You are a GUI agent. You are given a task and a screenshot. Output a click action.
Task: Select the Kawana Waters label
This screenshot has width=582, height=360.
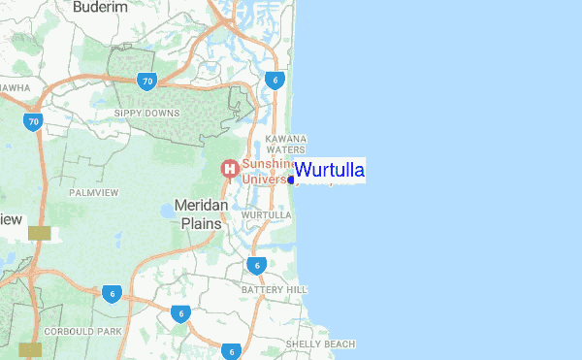[x=286, y=144]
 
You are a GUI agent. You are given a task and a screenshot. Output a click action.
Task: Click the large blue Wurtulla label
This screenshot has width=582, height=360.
[x=330, y=171]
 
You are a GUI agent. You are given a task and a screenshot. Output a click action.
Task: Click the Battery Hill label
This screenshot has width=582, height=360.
[x=275, y=290]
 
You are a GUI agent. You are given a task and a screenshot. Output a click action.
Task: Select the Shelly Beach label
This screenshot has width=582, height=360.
[x=321, y=344]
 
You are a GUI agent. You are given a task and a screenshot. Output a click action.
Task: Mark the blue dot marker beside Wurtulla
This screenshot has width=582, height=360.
[x=291, y=180]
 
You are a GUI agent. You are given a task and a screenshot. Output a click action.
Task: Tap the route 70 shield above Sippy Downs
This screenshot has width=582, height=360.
[x=146, y=81]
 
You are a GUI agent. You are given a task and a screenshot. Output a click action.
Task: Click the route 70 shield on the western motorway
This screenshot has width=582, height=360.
[x=34, y=122]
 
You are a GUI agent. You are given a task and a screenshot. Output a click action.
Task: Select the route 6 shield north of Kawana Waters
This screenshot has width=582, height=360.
[x=276, y=80]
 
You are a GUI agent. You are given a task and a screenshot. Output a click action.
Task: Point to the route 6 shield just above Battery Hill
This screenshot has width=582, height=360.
[x=256, y=265]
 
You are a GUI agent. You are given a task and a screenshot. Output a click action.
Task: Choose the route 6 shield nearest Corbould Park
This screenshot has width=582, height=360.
[x=113, y=293]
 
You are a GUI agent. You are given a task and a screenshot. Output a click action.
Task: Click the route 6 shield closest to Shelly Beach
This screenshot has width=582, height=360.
[x=231, y=351]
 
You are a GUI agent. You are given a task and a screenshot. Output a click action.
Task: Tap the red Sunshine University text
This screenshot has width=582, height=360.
[x=262, y=172]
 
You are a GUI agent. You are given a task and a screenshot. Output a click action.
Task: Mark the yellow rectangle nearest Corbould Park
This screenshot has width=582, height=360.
[x=31, y=348]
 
